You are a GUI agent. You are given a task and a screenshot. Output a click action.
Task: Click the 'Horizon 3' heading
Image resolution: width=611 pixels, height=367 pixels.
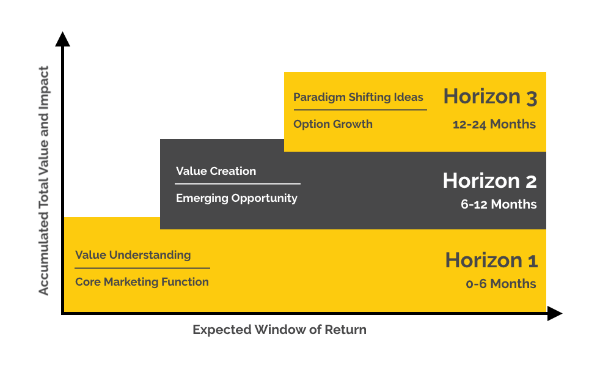click(x=490, y=97)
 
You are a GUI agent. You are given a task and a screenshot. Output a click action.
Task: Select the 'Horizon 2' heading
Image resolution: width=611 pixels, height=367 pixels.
click(x=490, y=181)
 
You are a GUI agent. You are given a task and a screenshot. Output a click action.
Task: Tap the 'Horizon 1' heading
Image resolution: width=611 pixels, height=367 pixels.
click(x=491, y=260)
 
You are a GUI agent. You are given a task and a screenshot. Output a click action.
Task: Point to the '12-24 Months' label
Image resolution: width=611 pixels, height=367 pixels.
click(x=494, y=124)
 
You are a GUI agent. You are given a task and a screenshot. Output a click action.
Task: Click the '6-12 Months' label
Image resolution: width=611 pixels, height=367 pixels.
click(x=499, y=204)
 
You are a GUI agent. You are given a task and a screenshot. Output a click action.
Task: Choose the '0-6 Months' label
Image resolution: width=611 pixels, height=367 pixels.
click(x=501, y=284)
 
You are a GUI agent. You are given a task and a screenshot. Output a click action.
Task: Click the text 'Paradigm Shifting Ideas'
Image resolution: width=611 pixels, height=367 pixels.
click(x=358, y=97)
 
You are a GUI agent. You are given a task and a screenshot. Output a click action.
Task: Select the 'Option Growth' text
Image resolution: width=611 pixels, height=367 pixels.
click(x=333, y=124)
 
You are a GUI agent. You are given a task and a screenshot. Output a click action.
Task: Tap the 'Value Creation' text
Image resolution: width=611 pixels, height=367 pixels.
click(x=216, y=171)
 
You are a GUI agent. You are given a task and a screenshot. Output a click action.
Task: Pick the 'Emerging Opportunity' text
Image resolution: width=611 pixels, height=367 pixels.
click(x=236, y=198)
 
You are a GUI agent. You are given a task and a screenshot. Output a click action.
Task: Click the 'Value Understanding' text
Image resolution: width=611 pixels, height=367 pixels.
click(x=133, y=255)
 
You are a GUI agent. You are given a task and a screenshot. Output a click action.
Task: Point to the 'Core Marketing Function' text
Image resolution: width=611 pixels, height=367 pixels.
click(x=142, y=281)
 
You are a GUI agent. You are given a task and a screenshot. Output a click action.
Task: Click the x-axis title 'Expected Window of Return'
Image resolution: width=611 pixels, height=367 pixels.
click(x=279, y=330)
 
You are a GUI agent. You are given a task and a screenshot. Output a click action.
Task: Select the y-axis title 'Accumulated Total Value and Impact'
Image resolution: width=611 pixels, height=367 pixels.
click(x=43, y=180)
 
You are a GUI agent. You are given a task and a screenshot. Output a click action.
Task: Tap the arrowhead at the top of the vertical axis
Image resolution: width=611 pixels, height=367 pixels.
click(x=62, y=39)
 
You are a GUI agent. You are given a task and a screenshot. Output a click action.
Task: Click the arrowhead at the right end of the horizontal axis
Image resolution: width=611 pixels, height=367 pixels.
click(x=555, y=313)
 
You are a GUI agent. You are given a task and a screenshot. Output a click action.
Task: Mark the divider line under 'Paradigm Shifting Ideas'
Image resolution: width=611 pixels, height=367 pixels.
click(x=360, y=109)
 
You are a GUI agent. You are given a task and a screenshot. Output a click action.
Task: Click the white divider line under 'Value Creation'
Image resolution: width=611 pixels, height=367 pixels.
click(x=238, y=183)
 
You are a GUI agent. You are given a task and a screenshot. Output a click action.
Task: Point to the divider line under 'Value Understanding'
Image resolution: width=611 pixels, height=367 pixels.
click(x=142, y=268)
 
